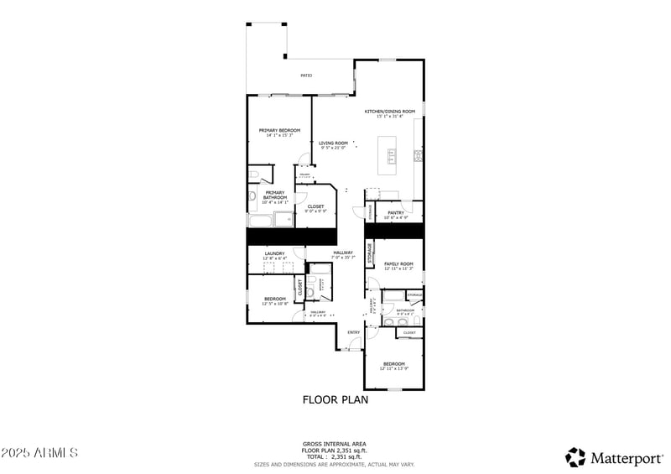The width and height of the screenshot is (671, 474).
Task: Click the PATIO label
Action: point(307,76)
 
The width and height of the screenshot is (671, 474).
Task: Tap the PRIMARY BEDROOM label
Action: point(279,130)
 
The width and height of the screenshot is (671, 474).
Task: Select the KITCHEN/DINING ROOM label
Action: point(389,112)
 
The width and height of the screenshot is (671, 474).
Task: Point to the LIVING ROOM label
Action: point(333,143)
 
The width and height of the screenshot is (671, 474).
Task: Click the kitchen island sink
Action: point(391,155)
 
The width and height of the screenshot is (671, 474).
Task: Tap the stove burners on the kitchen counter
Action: point(417,155)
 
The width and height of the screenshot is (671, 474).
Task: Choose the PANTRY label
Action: point(397,213)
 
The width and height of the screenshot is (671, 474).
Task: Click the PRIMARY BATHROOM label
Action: point(274,195)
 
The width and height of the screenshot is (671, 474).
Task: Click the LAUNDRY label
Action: point(274,253)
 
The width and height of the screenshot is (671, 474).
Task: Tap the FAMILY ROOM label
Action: point(398,264)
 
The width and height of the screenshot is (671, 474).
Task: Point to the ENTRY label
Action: point(354,332)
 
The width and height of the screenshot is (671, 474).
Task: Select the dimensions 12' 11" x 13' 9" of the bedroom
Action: point(394,368)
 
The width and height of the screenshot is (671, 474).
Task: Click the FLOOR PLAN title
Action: point(335,399)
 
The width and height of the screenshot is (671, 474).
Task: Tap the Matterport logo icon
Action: point(575,457)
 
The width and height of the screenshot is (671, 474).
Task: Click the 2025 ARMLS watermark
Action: point(39,453)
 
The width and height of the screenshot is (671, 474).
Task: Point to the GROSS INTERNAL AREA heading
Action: point(334,444)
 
